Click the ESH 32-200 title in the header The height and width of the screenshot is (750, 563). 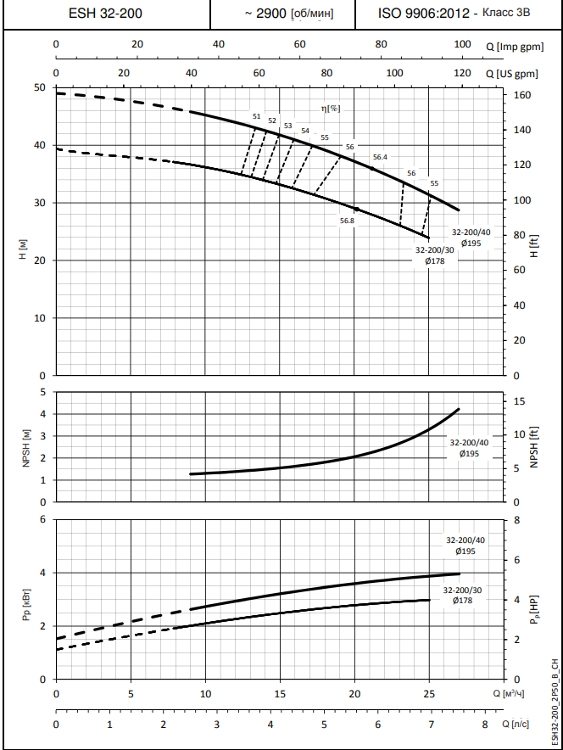tap(104, 14)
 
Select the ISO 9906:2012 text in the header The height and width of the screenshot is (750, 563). tap(422, 14)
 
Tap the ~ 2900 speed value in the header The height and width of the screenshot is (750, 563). tap(265, 14)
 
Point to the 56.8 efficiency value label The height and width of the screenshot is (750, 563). tap(347, 221)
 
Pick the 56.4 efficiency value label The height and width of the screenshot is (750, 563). tap(379, 157)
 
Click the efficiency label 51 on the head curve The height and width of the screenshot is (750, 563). tap(256, 116)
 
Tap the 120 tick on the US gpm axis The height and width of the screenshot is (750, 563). tap(461, 74)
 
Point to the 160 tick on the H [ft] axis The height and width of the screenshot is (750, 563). tap(521, 95)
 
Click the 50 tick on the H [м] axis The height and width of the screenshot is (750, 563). tap(40, 87)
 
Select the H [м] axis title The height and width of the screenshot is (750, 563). tap(23, 250)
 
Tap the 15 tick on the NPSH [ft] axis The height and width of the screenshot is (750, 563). tap(521, 401)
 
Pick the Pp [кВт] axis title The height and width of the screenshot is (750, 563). tap(23, 608)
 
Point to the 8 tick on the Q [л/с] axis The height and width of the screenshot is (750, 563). tap(485, 724)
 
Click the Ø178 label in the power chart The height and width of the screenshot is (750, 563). tap(462, 600)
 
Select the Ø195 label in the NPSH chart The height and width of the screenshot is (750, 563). tap(469, 453)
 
